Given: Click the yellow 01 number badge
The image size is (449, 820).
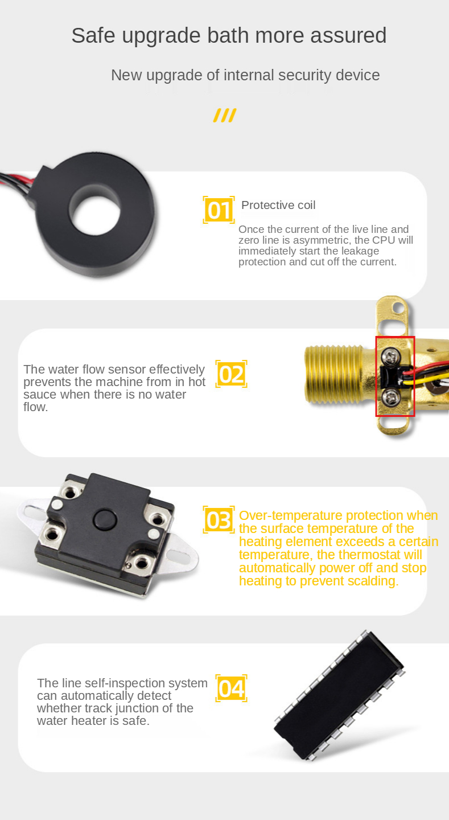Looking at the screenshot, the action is coord(219,210).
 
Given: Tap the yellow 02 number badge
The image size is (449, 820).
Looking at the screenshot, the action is coord(231,374).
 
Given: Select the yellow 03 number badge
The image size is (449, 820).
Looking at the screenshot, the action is coord(219,520).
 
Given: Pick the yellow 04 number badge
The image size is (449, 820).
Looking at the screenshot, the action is coord(231,688).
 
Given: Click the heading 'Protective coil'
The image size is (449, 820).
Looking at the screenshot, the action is coord(278,205).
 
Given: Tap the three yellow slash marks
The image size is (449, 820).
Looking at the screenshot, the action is coord(225,115).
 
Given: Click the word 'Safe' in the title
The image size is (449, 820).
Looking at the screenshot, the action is coord(93,35).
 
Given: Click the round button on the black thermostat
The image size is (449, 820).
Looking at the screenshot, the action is coord(105,519).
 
